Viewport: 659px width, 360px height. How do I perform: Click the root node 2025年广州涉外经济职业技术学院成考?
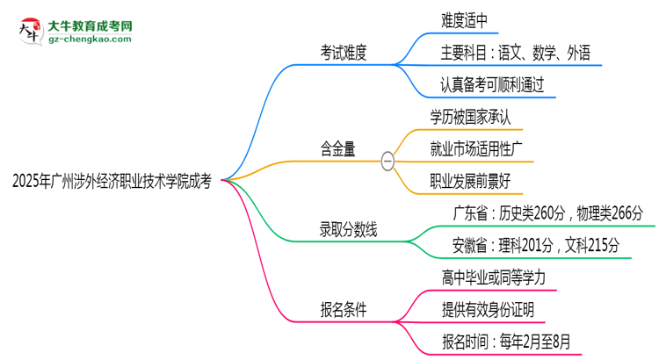[x=112, y=182]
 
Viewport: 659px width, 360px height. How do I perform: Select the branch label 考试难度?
[x=344, y=54]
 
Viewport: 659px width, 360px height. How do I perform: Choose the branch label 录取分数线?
[x=348, y=231]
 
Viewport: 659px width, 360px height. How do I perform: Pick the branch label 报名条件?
[x=344, y=309]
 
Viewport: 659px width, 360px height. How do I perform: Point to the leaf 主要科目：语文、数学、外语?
[x=517, y=54]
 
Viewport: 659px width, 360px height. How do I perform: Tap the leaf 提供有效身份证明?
[x=487, y=309]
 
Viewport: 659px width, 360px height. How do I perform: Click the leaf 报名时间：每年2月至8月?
[x=511, y=342]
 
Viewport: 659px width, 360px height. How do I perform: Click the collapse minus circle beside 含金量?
[x=387, y=162]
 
